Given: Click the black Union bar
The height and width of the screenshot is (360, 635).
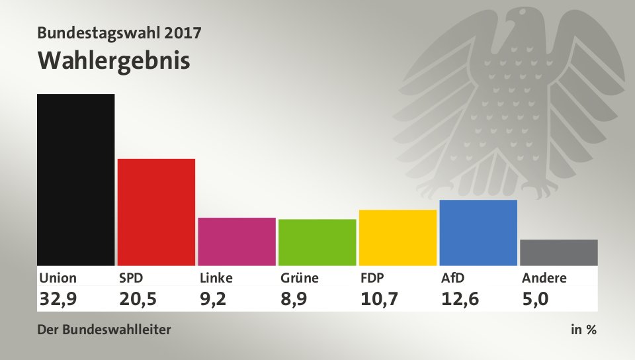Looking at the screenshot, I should click(76, 179).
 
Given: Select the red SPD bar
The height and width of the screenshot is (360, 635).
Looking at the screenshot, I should click(156, 212).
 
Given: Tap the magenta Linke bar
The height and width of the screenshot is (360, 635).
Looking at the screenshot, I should click(237, 241).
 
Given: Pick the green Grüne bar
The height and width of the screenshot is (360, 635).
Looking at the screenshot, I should click(317, 242).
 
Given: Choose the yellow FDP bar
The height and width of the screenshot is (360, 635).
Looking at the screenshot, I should click(398, 237).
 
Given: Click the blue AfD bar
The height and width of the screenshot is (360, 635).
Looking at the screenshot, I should click(478, 232).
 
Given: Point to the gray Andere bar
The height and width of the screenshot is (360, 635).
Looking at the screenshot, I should click(559, 252).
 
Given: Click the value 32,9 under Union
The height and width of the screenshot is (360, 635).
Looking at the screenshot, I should click(58, 299).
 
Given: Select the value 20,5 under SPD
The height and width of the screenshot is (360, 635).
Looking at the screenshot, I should click(139, 299).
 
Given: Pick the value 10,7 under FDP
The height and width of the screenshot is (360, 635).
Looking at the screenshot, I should click(380, 299).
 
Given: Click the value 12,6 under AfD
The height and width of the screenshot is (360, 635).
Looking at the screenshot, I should click(460, 299).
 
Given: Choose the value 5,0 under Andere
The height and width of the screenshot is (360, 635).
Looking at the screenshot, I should click(536, 299).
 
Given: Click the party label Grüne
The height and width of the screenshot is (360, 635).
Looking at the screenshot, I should click(300, 278).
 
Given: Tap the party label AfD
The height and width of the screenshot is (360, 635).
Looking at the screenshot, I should click(452, 278).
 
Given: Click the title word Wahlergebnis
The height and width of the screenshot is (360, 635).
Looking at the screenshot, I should click(114, 60).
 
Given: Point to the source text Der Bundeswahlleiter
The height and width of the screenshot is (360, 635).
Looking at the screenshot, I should click(105, 329).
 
